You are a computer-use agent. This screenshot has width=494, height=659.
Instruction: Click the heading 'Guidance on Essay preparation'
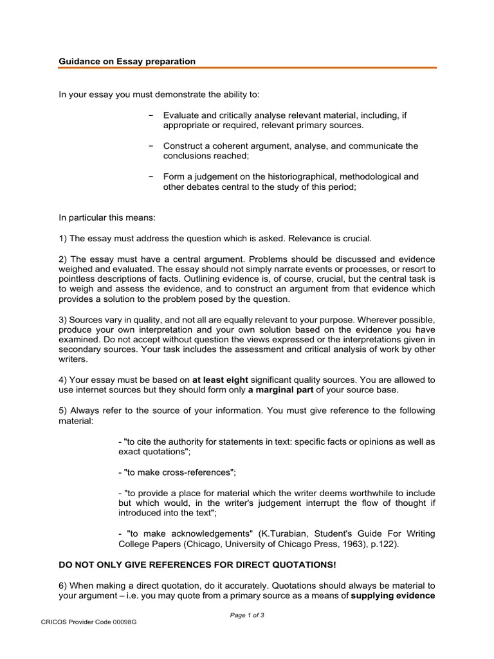coord(127,61)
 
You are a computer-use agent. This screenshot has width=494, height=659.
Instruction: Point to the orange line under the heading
coord(248,68)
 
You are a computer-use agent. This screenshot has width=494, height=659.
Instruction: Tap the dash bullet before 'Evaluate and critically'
coord(151,115)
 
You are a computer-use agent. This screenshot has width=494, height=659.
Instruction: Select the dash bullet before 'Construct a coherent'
coord(151,146)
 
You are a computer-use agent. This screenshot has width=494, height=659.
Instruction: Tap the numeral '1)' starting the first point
coord(63,239)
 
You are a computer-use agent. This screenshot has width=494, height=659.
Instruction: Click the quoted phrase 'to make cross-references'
coord(178,472)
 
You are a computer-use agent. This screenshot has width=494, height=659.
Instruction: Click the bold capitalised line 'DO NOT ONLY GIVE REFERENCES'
coord(197,564)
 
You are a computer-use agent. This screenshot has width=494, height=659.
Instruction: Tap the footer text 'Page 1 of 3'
coord(247,615)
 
